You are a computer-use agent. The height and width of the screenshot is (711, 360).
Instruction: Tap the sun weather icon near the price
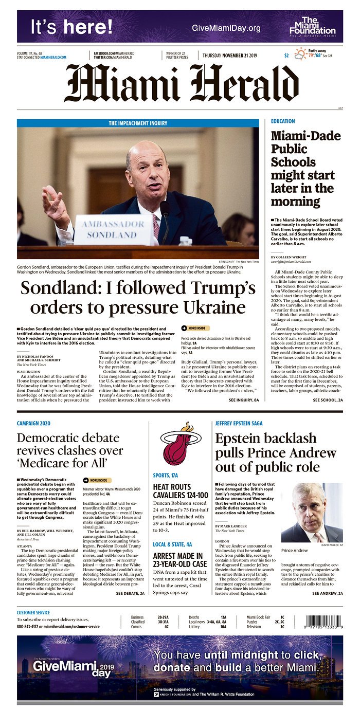[x=300, y=53]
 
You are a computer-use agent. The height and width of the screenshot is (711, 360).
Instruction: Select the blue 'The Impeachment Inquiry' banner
[x=138, y=123]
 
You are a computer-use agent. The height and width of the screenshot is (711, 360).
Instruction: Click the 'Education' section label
[x=283, y=121]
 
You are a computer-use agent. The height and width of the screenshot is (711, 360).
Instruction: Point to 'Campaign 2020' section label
[x=33, y=423]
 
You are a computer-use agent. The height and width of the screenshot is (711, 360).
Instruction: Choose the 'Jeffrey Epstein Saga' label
[x=239, y=423]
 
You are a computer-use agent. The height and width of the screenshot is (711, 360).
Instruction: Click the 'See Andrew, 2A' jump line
[x=327, y=593]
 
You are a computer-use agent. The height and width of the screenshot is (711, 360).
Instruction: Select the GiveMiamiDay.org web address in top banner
[x=226, y=28]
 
